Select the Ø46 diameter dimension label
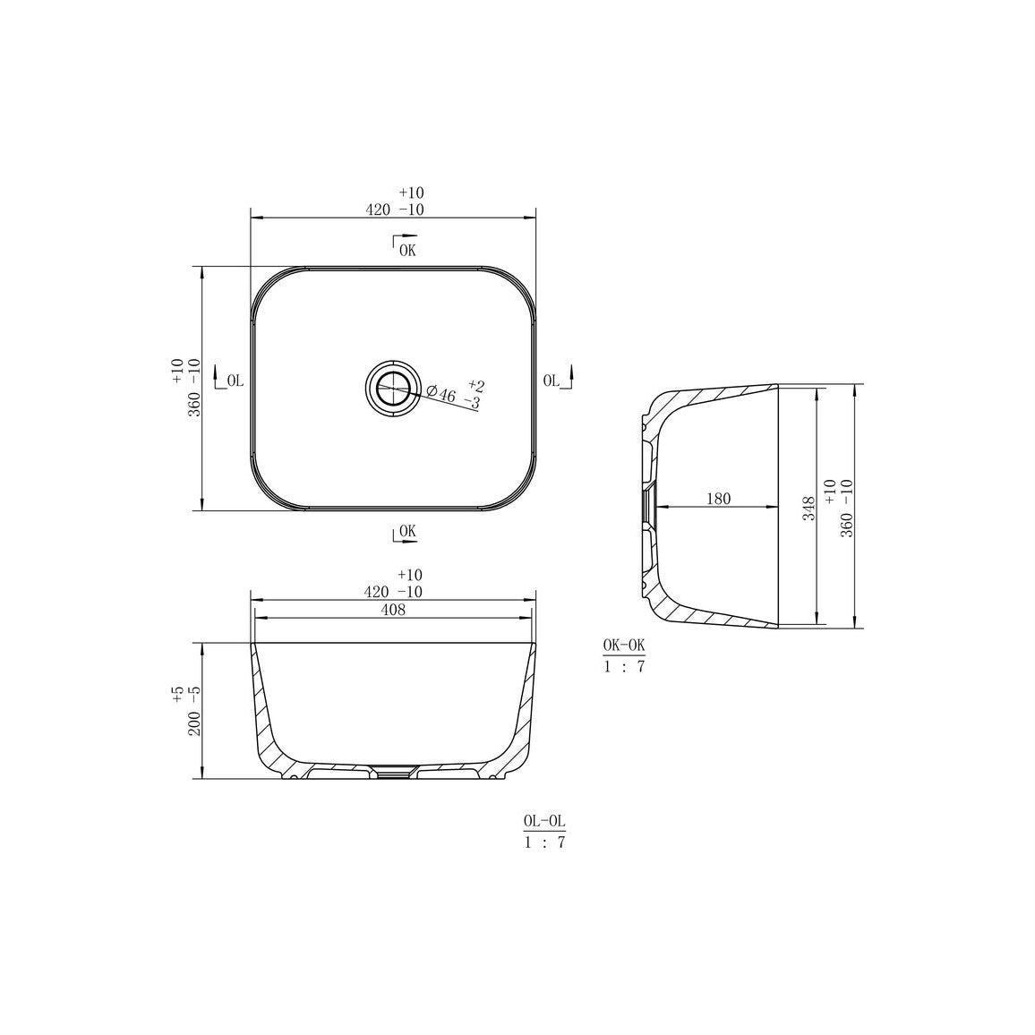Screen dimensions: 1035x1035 (441, 394)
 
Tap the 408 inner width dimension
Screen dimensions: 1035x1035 (393, 610)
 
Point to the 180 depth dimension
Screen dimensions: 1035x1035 (718, 499)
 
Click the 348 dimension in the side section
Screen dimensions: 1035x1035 (809, 508)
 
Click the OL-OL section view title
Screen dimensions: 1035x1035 (544, 820)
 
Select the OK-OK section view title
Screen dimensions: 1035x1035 (624, 645)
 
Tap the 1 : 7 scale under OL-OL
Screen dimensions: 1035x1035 (544, 843)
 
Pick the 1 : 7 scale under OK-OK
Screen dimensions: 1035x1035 (624, 666)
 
